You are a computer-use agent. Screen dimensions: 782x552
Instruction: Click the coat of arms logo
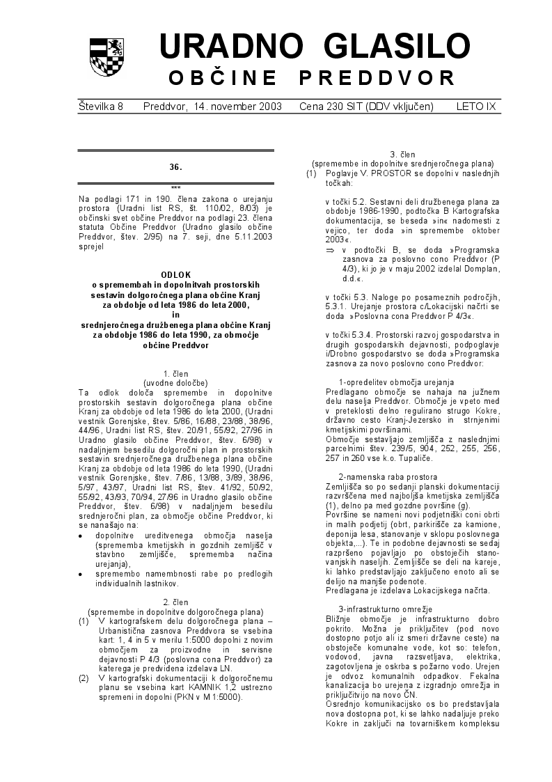tap(107, 57)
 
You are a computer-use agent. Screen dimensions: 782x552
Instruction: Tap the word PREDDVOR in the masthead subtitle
tap(377, 77)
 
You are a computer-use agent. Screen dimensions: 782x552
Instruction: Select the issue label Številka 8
tap(101, 107)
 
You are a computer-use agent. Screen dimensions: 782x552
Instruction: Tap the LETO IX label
tap(476, 107)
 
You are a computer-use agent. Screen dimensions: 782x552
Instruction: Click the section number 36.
tap(175, 167)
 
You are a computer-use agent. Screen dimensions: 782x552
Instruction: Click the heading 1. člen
tap(175, 374)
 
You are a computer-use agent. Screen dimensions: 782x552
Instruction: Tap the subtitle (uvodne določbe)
tap(175, 383)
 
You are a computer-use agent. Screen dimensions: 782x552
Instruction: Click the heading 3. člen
tap(402, 154)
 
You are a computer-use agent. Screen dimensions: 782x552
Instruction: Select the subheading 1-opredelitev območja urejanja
tap(396, 382)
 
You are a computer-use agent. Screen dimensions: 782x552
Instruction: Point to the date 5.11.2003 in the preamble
tap(248, 237)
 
